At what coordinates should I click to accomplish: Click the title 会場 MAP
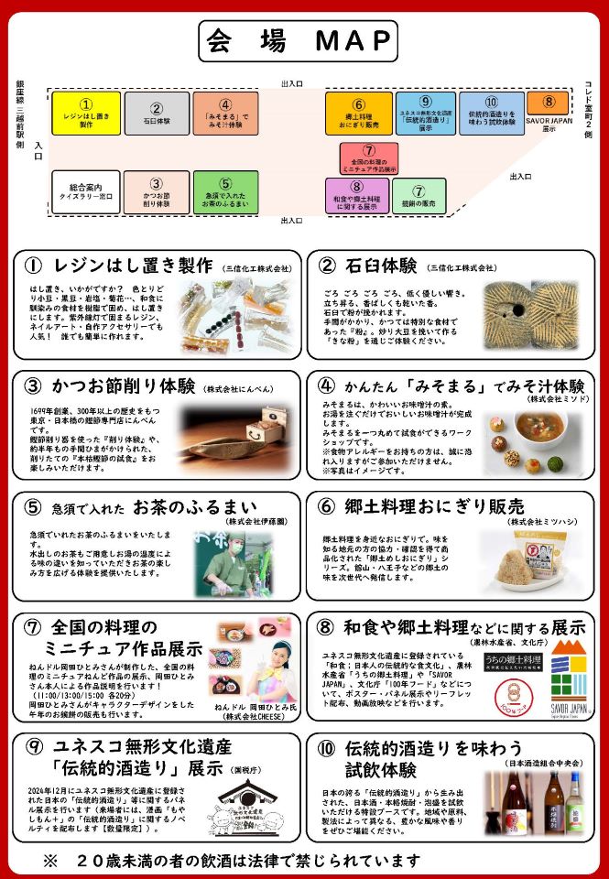[x=298, y=41]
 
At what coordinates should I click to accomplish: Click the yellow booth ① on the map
[x=86, y=114]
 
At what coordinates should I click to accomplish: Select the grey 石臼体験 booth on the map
[x=157, y=114]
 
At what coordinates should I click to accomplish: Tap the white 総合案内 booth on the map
[x=86, y=191]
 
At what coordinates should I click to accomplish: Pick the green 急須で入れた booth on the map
[x=225, y=191]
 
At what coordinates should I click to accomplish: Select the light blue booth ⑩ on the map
[x=491, y=114]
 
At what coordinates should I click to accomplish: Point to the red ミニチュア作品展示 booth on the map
[x=368, y=157]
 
